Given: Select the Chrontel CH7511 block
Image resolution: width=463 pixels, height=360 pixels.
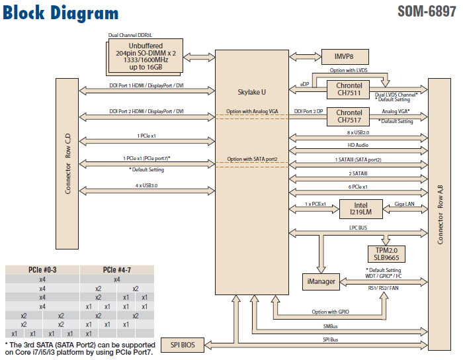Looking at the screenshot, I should [x=349, y=89].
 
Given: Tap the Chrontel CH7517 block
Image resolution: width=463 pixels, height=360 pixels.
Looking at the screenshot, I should [x=349, y=116].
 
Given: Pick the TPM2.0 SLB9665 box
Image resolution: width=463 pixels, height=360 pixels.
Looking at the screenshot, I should [x=386, y=253].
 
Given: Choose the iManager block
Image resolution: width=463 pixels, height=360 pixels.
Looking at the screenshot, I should [x=320, y=281].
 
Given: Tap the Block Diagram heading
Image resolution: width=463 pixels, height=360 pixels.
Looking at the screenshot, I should [x=61, y=13].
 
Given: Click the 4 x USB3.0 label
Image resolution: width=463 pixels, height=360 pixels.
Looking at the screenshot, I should [x=146, y=185].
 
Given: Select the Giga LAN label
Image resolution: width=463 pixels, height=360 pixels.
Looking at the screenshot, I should [x=404, y=204].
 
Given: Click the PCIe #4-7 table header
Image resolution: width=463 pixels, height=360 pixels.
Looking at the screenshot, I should [x=116, y=270].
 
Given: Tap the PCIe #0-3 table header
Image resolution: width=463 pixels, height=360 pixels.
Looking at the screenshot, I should [x=42, y=270].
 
